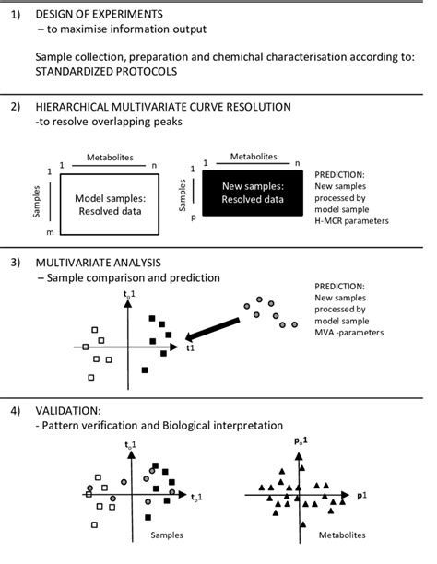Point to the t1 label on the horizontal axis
click(190, 349)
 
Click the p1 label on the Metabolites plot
click(363, 495)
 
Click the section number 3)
click(15, 263)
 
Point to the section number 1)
click(15, 15)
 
